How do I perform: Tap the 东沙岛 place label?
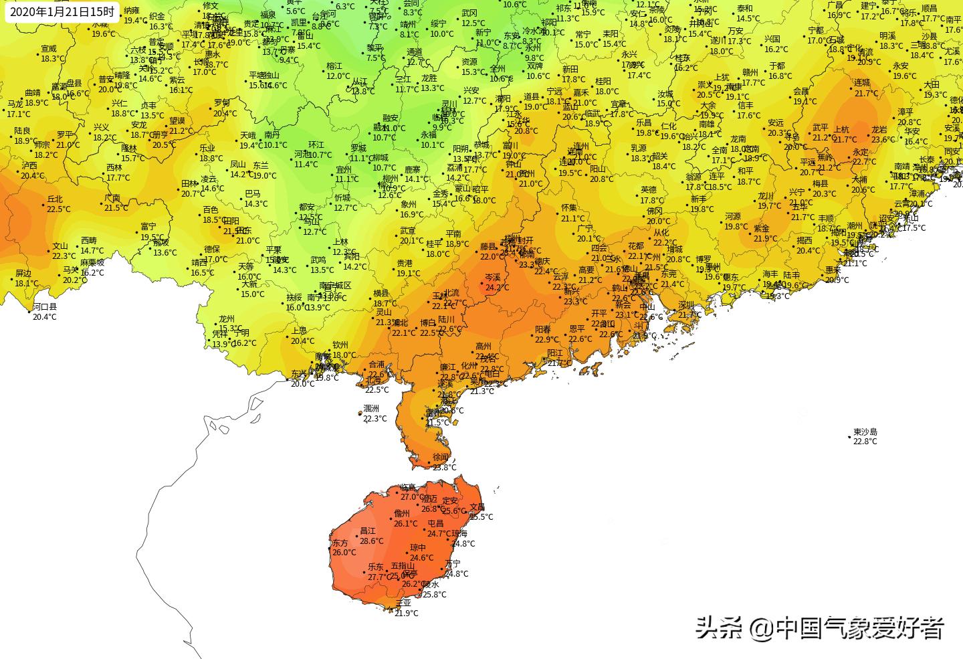point(865,432)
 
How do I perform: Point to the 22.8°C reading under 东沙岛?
point(865,442)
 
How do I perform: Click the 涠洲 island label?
point(371,409)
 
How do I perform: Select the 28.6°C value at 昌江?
point(372,541)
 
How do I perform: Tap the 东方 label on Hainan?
point(340,543)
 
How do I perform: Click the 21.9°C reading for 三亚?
point(407,613)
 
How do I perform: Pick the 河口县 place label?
point(45,307)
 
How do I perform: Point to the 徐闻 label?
point(441,457)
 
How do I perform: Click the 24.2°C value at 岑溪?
point(497,288)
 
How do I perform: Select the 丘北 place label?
point(55,199)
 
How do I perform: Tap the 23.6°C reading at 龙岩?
point(883,140)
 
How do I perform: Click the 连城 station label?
point(862,83)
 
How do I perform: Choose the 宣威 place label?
point(49,49)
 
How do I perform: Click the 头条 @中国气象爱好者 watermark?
point(820,628)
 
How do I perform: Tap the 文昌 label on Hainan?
point(477,507)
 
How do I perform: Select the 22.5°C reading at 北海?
point(377,390)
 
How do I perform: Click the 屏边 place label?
point(23,274)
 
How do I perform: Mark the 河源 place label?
point(733,217)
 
